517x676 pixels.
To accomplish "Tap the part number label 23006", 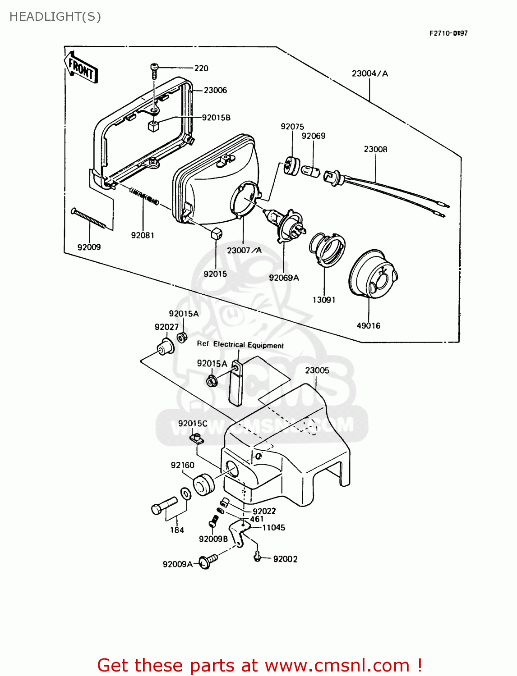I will (x=215, y=90).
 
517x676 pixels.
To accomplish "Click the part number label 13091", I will (x=324, y=300).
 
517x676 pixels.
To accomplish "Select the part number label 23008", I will (x=375, y=149).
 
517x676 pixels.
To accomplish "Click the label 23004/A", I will (x=369, y=73).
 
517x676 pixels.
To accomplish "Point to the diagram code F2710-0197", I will (x=448, y=33).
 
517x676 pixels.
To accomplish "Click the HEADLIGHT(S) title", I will (x=55, y=17).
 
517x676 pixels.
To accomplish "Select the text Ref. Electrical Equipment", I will (x=240, y=345).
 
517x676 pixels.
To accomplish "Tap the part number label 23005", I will (x=317, y=370).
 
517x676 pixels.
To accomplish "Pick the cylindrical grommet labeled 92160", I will (x=204, y=485).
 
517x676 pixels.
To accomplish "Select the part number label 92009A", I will (x=177, y=564).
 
